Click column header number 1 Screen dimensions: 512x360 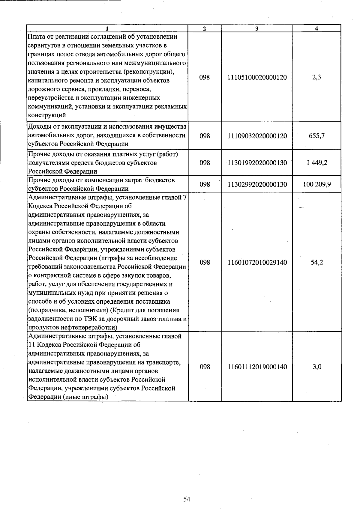coord(107,28)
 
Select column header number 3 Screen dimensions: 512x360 coord(257,28)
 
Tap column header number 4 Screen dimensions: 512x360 coord(316,28)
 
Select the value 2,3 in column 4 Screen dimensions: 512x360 coord(316,77)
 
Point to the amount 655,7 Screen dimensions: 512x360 coord(316,136)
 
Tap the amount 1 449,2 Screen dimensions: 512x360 coord(316,163)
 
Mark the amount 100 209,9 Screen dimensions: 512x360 coord(316,184)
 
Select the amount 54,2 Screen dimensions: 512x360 coord(316,263)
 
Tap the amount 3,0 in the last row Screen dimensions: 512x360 coord(316,367)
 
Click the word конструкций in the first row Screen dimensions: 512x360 coord(46,115)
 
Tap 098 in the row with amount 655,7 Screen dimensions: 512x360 coord(205,136)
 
